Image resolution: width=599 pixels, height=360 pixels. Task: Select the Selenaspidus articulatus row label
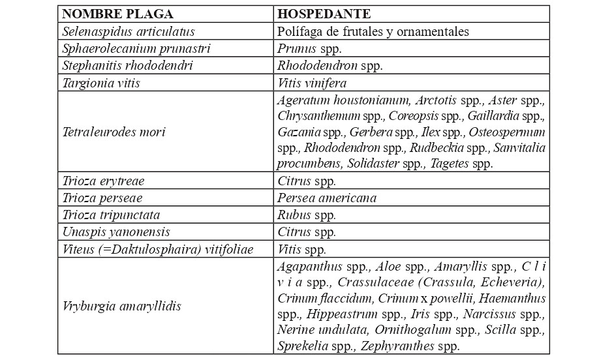coord(129,31)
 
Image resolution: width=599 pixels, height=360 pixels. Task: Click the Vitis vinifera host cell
coord(312,83)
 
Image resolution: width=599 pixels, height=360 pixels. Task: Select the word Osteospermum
coord(513,132)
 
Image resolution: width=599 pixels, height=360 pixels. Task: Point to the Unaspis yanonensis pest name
coord(116,232)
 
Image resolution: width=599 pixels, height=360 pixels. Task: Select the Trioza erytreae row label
coord(103,181)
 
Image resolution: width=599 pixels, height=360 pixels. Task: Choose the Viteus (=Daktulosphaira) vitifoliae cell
coord(157,249)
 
